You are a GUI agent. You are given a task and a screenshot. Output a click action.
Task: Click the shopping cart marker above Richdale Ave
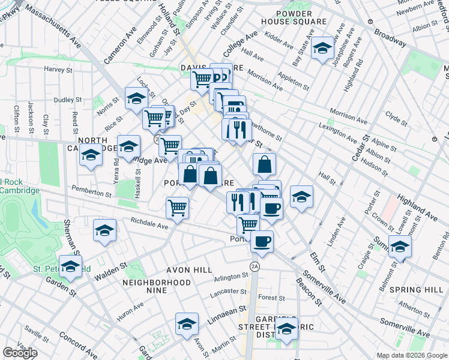pos(177,208)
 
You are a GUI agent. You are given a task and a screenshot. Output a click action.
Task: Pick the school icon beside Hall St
pos(301,196)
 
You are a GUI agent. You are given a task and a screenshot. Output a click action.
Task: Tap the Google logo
pos(20,352)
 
